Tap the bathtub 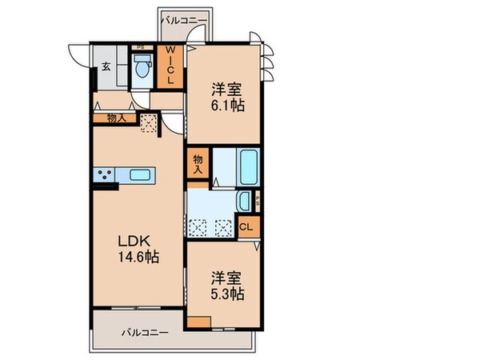pos(247,166)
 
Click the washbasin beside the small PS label pos(246,201)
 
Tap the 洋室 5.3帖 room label pos(227,286)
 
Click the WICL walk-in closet pos(170,69)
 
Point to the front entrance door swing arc pos(80,54)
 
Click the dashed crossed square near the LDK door pos(147,122)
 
